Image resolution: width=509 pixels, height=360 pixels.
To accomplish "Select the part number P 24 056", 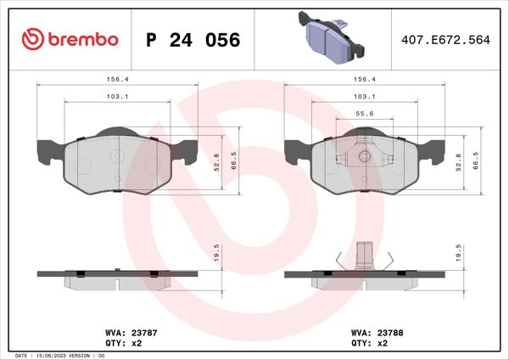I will tap(193, 40).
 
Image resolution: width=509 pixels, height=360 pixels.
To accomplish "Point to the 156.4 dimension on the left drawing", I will tap(117, 78).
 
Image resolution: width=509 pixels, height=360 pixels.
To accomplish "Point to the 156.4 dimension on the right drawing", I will tap(365, 78).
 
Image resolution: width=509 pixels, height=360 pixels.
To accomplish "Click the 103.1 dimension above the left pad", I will tap(117, 97).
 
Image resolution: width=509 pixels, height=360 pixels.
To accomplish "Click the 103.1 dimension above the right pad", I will tap(365, 97).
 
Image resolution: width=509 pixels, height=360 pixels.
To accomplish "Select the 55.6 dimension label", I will tap(365, 113).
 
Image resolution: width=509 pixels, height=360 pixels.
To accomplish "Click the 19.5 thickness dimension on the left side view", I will tap(216, 252).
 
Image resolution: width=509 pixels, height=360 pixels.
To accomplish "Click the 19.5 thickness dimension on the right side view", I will tap(459, 252).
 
